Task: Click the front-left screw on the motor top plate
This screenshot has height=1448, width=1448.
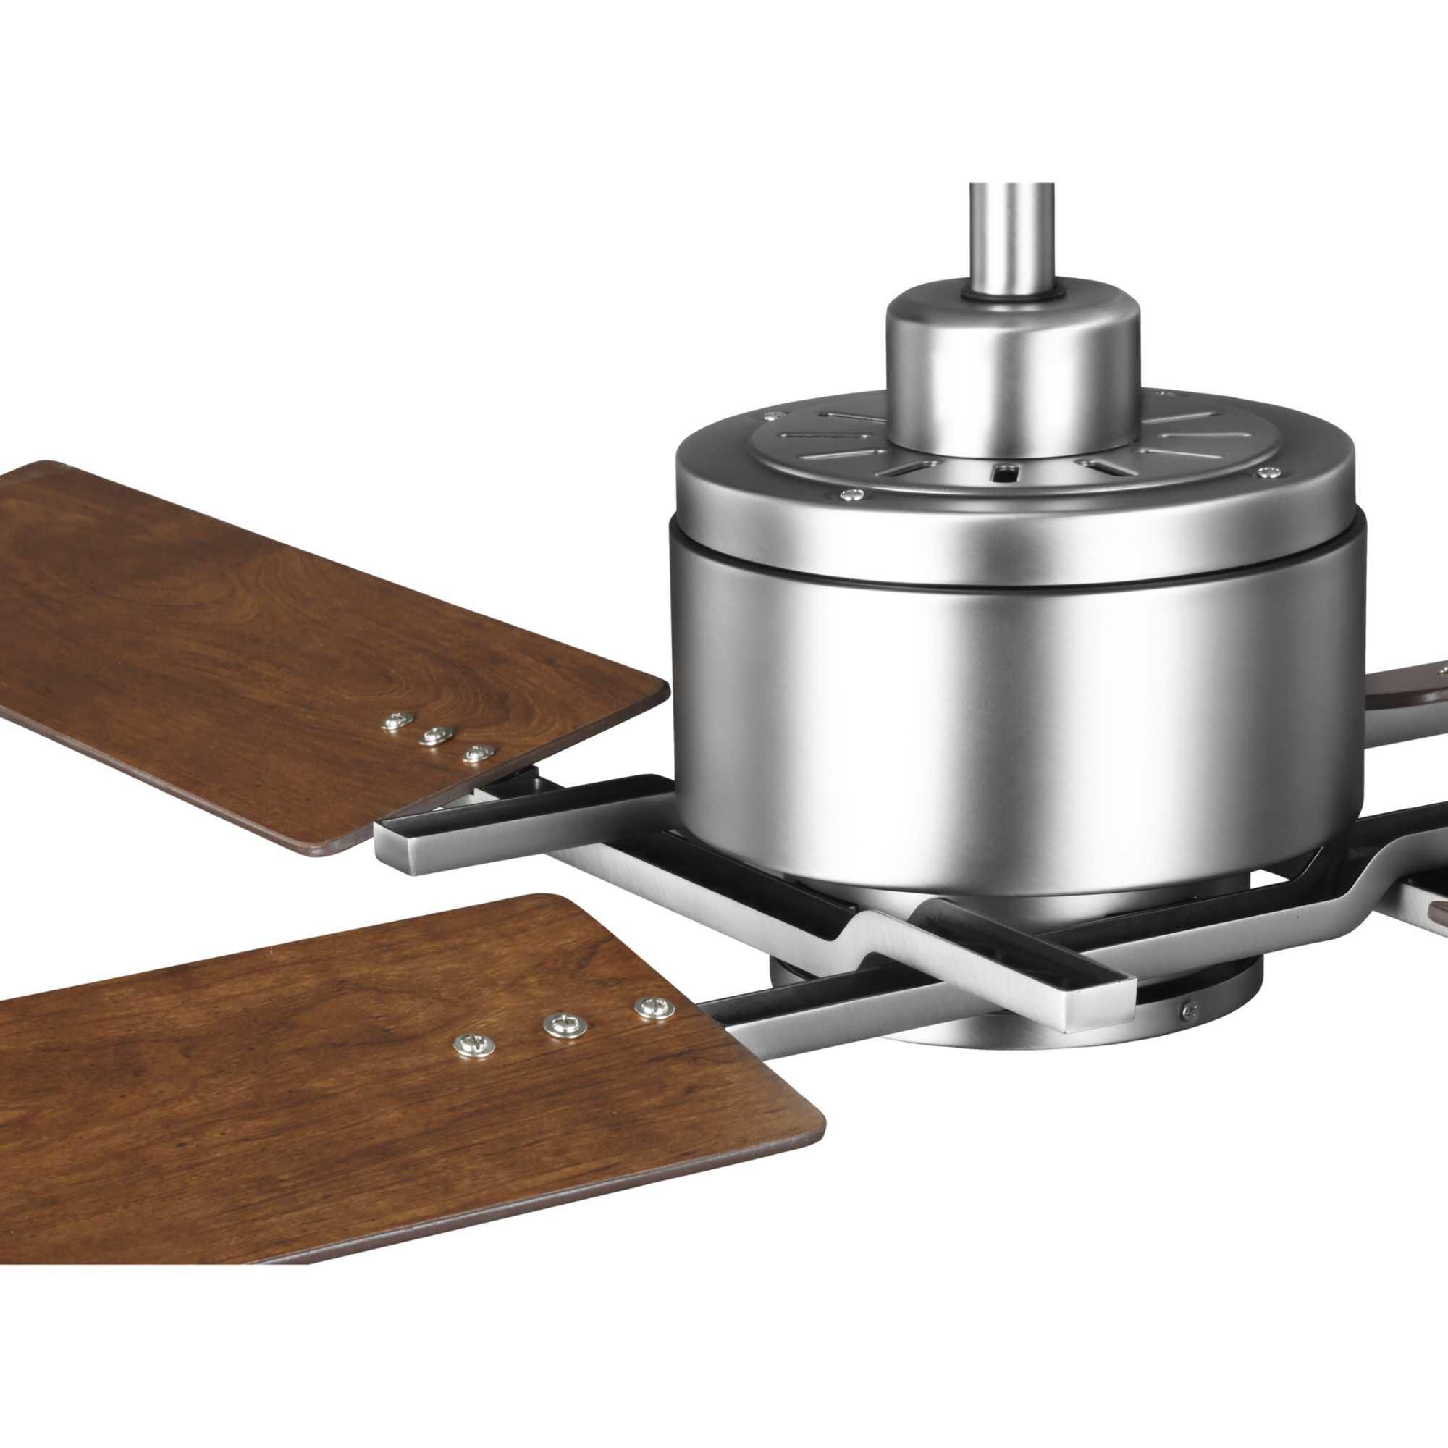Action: pyautogui.click(x=851, y=494)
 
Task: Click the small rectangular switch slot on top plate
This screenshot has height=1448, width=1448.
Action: pyautogui.click(x=1005, y=472)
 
